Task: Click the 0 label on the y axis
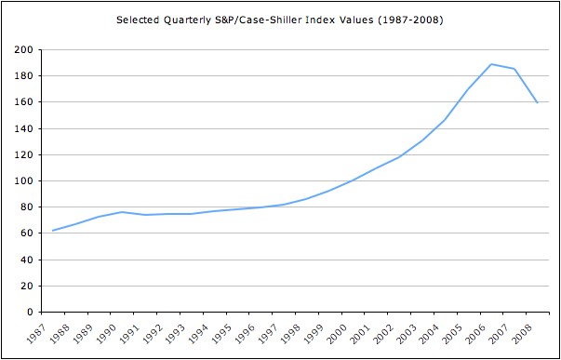(30, 312)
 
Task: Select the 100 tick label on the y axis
(23, 180)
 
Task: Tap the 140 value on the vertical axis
(23, 128)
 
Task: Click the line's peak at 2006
(491, 64)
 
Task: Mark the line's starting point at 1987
(53, 230)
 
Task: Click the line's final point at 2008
(537, 102)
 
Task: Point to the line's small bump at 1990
(123, 212)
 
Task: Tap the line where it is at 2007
(514, 69)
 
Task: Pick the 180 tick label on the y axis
(23, 75)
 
